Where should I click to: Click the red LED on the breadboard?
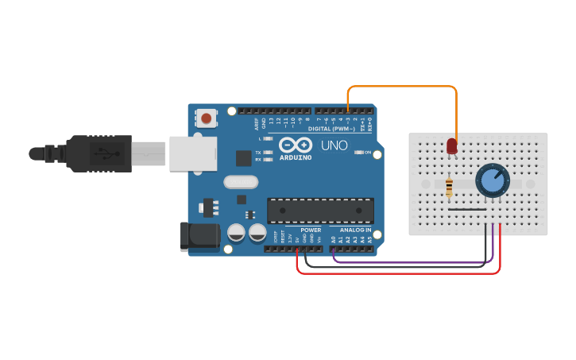point(452,146)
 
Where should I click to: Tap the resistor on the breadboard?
point(450,188)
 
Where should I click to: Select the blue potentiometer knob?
point(493,181)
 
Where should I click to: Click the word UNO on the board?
point(334,146)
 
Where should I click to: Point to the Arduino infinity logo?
point(296,145)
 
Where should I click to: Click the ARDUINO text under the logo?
point(296,157)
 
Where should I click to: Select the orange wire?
point(401,87)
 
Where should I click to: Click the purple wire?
point(413,261)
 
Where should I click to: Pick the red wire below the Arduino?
point(397,273)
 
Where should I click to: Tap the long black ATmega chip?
point(320,210)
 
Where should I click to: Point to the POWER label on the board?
point(311,230)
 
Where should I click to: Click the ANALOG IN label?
point(356,230)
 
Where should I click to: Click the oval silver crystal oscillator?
point(241,182)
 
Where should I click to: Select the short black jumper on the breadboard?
point(467,210)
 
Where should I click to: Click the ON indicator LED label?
point(368,152)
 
